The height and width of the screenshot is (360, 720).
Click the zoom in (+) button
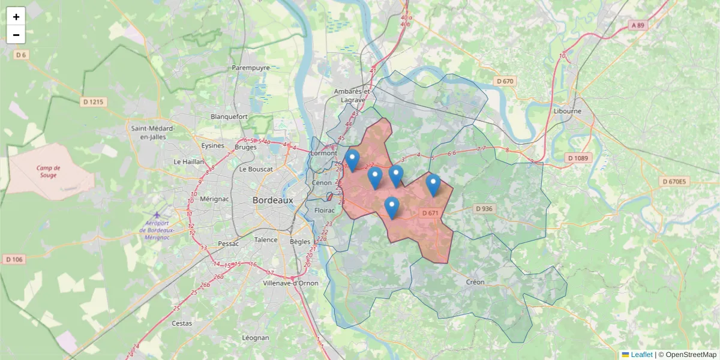tap(16, 17)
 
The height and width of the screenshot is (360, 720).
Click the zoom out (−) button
tap(16, 35)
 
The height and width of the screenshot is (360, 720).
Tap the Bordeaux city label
tap(272, 200)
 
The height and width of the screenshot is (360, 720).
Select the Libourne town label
tap(568, 111)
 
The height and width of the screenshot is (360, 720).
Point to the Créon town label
tap(475, 282)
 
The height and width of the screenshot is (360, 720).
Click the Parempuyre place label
tap(251, 68)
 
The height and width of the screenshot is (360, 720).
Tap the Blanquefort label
tap(229, 116)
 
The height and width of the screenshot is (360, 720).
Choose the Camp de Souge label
tap(48, 172)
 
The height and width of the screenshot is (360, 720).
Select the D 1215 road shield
tap(92, 102)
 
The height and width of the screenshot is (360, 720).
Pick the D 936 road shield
tap(484, 209)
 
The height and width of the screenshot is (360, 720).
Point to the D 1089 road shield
tap(578, 158)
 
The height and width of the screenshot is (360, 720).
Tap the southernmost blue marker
tap(391, 208)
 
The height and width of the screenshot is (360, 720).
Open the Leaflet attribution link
tap(641, 355)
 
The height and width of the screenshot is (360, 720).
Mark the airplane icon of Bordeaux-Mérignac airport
tap(157, 215)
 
